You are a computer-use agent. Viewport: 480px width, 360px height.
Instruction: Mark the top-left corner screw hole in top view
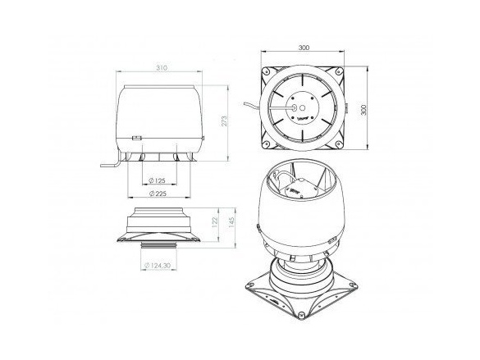tap(267, 71)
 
